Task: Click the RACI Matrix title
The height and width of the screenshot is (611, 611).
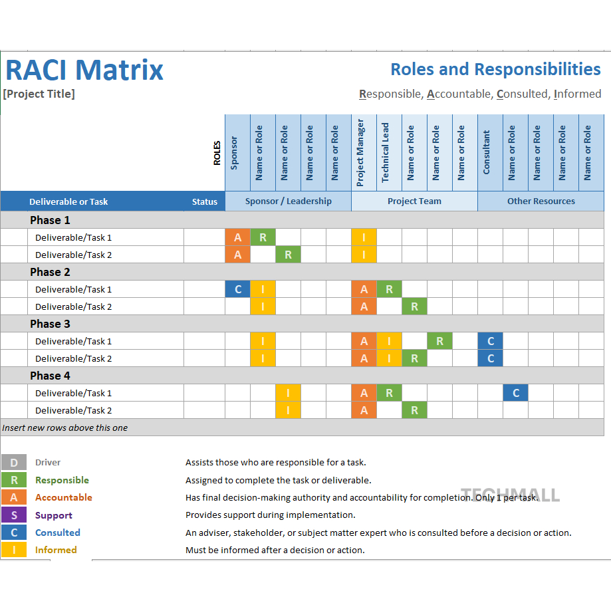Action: tap(84, 70)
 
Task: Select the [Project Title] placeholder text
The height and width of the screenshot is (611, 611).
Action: tap(39, 94)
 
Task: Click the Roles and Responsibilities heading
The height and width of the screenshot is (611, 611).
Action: tap(495, 69)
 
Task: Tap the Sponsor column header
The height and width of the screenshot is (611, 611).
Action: tap(234, 153)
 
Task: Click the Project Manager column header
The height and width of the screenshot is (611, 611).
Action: tap(361, 153)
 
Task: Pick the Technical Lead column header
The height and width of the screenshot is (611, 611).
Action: tap(386, 153)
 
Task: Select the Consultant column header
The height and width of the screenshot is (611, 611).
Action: tap(487, 153)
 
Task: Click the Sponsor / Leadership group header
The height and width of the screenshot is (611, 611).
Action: tap(288, 201)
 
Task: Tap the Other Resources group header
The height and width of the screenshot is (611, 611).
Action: tap(541, 201)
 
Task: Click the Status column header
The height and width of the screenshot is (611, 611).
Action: tap(205, 201)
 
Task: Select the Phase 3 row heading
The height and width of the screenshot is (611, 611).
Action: tap(50, 324)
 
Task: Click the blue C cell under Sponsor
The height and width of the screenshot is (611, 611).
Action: tap(238, 289)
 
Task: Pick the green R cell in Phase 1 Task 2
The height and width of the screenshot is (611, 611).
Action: tap(288, 255)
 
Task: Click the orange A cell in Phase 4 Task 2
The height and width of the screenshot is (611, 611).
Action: tap(364, 410)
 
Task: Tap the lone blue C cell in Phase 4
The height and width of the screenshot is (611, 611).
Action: tap(515, 393)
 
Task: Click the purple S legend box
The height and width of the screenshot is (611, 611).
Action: tap(14, 515)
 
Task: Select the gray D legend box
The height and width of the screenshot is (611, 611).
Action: tap(14, 463)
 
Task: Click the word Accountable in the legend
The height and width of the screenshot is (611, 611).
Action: tap(64, 497)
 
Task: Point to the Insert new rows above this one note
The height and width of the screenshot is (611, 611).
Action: tap(65, 428)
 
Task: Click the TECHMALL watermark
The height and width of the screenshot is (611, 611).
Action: tap(511, 495)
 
